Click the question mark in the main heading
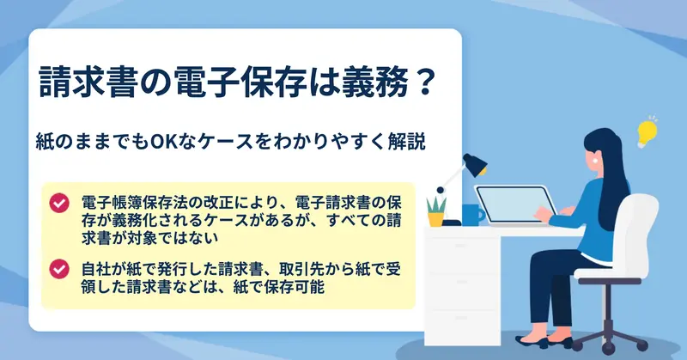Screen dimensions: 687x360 [x=423, y=82]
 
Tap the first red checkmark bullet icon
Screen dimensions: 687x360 [x=59, y=203]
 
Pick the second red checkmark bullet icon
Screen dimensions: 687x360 [x=59, y=269]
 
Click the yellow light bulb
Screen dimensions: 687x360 [x=647, y=132]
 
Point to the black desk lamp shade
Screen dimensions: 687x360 [x=476, y=165]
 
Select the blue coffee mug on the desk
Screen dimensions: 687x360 [x=473, y=215]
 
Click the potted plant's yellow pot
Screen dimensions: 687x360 [x=436, y=219]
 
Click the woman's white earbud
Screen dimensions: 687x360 [x=596, y=161]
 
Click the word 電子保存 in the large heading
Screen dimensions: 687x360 [x=240, y=82]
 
